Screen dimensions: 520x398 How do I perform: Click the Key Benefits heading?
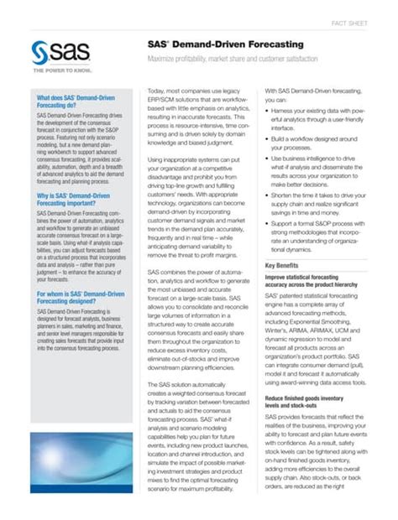[287, 266]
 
